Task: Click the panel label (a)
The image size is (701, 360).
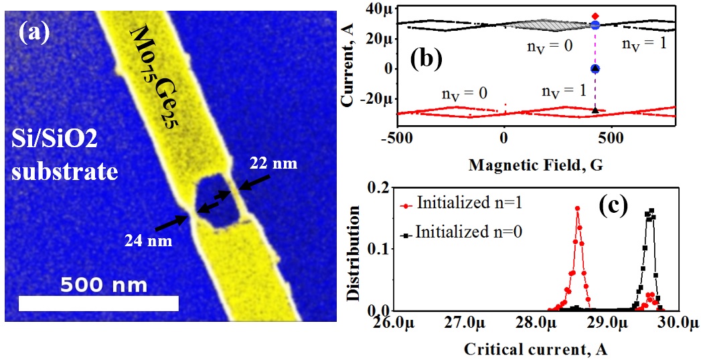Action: tap(34, 33)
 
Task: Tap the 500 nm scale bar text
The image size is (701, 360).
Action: tap(104, 285)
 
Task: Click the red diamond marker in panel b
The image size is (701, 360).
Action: tap(595, 15)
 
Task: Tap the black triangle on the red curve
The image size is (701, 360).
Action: tap(595, 110)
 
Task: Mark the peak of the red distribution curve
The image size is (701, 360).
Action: tap(577, 207)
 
